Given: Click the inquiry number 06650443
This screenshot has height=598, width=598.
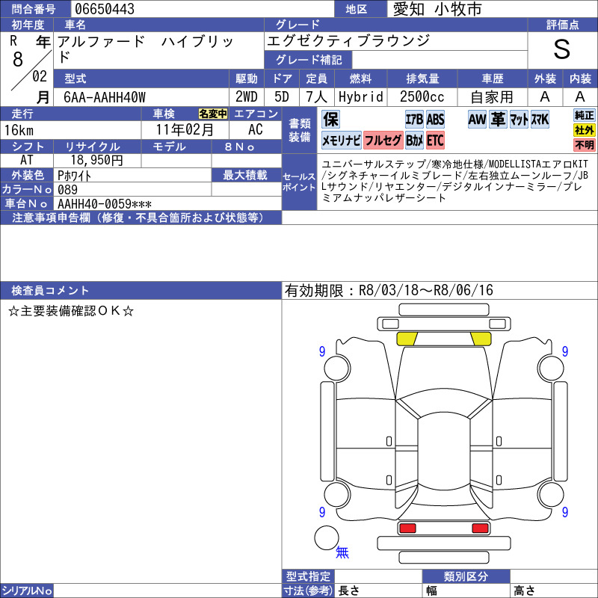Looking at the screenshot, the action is (x=105, y=9).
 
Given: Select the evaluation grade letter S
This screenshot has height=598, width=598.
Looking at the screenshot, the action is (x=562, y=49).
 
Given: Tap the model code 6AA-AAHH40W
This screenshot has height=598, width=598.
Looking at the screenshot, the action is (x=105, y=97).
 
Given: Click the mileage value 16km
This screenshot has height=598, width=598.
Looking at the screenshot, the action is (x=19, y=130).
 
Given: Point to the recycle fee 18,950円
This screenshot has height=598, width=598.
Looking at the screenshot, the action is (x=97, y=160).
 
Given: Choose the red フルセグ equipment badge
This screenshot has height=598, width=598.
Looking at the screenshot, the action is (x=383, y=141).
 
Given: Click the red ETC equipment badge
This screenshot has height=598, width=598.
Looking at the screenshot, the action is (x=435, y=141).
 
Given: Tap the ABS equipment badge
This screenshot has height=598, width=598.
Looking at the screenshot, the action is (x=435, y=120).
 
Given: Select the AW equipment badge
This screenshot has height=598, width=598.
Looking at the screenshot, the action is (x=477, y=120).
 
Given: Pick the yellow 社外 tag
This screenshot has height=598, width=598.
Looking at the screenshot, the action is (x=585, y=130).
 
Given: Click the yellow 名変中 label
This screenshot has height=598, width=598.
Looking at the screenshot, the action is (x=213, y=114).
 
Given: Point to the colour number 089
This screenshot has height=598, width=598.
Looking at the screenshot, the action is (x=67, y=190).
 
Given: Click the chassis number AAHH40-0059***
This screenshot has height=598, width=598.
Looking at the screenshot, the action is (x=105, y=204).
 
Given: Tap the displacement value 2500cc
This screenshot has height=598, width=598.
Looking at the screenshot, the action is (x=422, y=97).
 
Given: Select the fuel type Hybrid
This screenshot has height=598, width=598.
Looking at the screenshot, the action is (x=361, y=97).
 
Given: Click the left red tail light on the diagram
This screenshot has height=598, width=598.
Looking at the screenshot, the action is (x=407, y=528).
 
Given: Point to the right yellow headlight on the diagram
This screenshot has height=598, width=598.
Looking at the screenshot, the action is (x=481, y=339).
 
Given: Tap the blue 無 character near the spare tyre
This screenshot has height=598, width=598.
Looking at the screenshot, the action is (x=342, y=552).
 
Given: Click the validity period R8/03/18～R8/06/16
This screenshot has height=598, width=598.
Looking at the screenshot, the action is (x=425, y=290).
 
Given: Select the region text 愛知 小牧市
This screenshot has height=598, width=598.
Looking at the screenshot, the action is (x=437, y=9).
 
